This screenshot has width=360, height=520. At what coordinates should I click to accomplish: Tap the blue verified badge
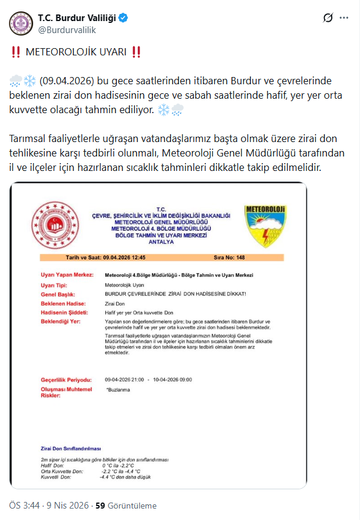coord(123,18)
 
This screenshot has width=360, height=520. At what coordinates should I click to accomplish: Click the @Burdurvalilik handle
coord(66,29)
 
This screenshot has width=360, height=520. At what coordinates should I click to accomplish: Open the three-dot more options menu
coord(344,18)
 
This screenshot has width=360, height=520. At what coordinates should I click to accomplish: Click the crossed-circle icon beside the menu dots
coord(328,18)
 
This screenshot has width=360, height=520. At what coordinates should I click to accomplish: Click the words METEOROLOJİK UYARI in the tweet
coord(76,52)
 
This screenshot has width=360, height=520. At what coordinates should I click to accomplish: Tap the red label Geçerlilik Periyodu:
coord(66,380)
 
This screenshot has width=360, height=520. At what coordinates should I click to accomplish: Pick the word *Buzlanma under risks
coord(117,391)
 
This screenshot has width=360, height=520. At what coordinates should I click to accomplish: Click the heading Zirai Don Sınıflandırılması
coord(70,449)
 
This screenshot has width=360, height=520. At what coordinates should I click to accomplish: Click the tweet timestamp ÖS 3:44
coord(26,506)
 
